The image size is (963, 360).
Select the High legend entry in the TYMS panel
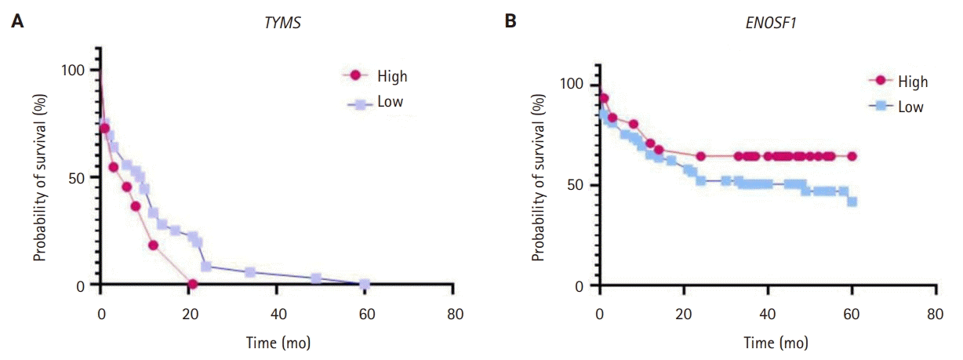(x=391, y=76)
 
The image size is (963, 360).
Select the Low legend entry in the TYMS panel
(x=390, y=102)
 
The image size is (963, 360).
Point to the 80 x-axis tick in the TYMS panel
(x=452, y=315)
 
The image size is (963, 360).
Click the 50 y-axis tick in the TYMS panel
(x=78, y=177)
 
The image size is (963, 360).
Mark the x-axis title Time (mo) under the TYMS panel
(x=277, y=343)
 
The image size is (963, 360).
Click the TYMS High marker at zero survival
(x=192, y=284)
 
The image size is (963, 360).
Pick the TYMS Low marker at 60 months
(x=364, y=284)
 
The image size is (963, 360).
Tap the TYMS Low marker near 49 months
(x=316, y=278)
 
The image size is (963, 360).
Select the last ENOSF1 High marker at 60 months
(x=852, y=156)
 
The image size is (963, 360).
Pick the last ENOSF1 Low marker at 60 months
(x=852, y=202)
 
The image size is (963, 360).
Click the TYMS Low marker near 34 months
(x=250, y=272)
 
